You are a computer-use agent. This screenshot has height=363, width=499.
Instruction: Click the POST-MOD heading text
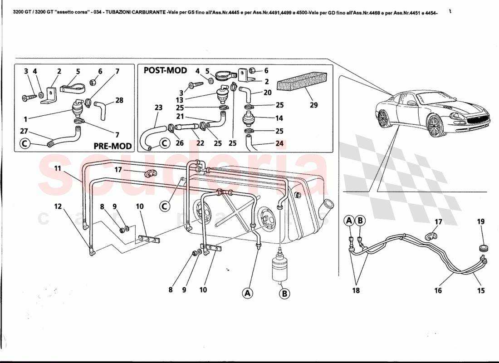[x=165, y=70]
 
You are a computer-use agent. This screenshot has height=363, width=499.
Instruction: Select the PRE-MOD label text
[x=113, y=146]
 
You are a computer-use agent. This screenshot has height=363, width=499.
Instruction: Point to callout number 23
[x=158, y=108]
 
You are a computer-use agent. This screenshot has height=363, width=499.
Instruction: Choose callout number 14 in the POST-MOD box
[x=279, y=118]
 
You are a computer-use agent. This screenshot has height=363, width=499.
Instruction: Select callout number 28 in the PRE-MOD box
[x=119, y=100]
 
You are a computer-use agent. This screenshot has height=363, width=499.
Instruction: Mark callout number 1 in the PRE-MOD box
[x=26, y=119]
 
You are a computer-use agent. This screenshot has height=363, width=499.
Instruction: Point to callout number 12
[x=58, y=206]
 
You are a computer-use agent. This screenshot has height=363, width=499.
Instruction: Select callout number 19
[x=480, y=221]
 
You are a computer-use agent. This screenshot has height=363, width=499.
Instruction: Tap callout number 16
[x=438, y=290]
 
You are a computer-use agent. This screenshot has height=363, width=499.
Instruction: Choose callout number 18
[x=356, y=290]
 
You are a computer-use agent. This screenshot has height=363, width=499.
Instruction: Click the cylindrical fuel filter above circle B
[x=279, y=269]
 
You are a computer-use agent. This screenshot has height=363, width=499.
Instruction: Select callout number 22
[x=200, y=143]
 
